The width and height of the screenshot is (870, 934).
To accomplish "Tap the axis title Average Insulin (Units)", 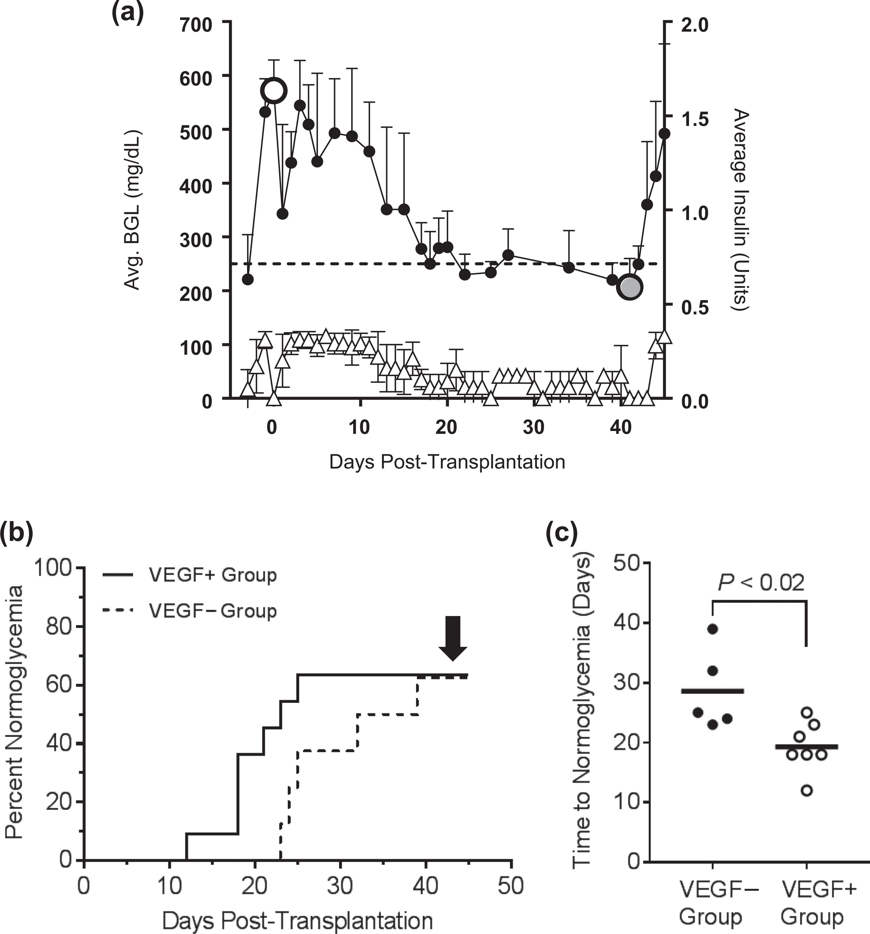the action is point(741,209).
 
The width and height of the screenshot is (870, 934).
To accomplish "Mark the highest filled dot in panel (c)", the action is point(713,629).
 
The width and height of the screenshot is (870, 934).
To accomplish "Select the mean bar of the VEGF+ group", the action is point(807,746).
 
